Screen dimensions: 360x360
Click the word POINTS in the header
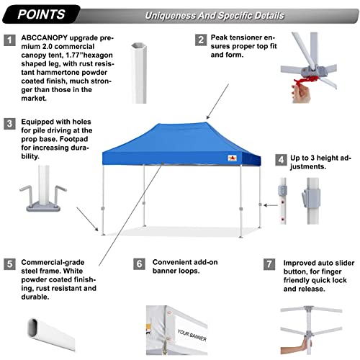point(41,14)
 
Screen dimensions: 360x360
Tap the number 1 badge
point(9,40)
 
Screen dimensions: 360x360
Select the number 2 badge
point(201,40)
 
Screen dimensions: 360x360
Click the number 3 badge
point(9,124)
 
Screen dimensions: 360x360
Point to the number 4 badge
point(281,160)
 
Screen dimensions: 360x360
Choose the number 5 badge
point(9,264)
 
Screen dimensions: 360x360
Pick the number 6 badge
point(139,264)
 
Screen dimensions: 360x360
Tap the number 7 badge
point(269,264)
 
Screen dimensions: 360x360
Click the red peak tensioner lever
point(306,81)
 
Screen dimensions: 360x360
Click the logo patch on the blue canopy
point(232,158)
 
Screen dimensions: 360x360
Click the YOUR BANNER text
point(192,335)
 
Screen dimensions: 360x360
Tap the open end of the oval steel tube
point(32,328)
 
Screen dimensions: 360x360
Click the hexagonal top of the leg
point(139,46)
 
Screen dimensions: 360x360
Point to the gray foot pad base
point(43,207)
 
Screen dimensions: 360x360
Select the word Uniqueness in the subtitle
point(171,16)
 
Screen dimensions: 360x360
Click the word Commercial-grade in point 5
point(53,262)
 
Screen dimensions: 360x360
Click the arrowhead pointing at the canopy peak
point(208,117)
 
